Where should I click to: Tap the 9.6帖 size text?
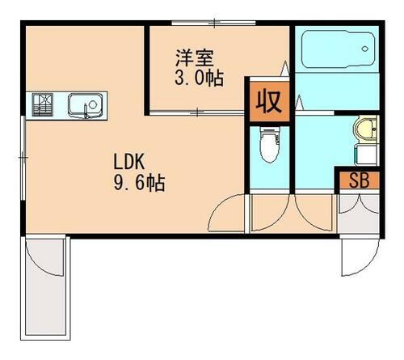click(139, 184)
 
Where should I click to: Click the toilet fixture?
click(267, 148)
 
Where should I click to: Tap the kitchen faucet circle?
click(93, 106)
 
